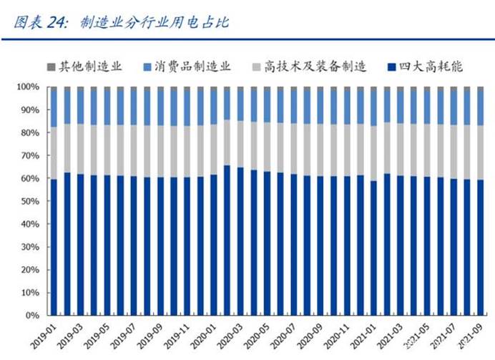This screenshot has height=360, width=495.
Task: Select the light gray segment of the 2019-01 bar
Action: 54,153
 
